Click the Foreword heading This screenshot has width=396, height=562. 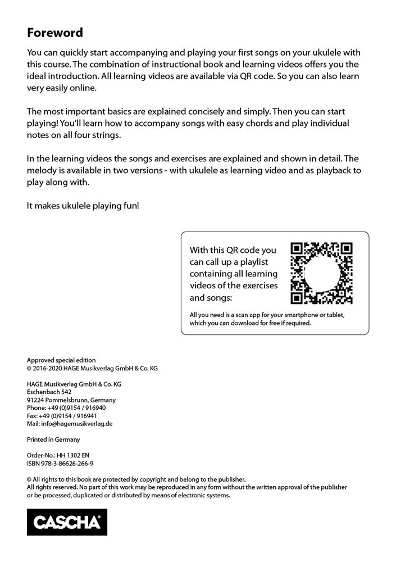click(55, 33)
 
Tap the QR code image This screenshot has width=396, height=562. click(321, 273)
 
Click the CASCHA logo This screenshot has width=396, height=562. click(67, 522)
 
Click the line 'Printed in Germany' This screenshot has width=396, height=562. click(53, 439)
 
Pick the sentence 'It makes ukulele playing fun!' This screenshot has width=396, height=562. click(83, 206)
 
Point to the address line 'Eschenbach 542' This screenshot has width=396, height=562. click(49, 392)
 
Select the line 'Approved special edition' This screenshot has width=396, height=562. click(61, 360)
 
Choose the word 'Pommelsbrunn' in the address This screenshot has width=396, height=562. click(65, 400)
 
